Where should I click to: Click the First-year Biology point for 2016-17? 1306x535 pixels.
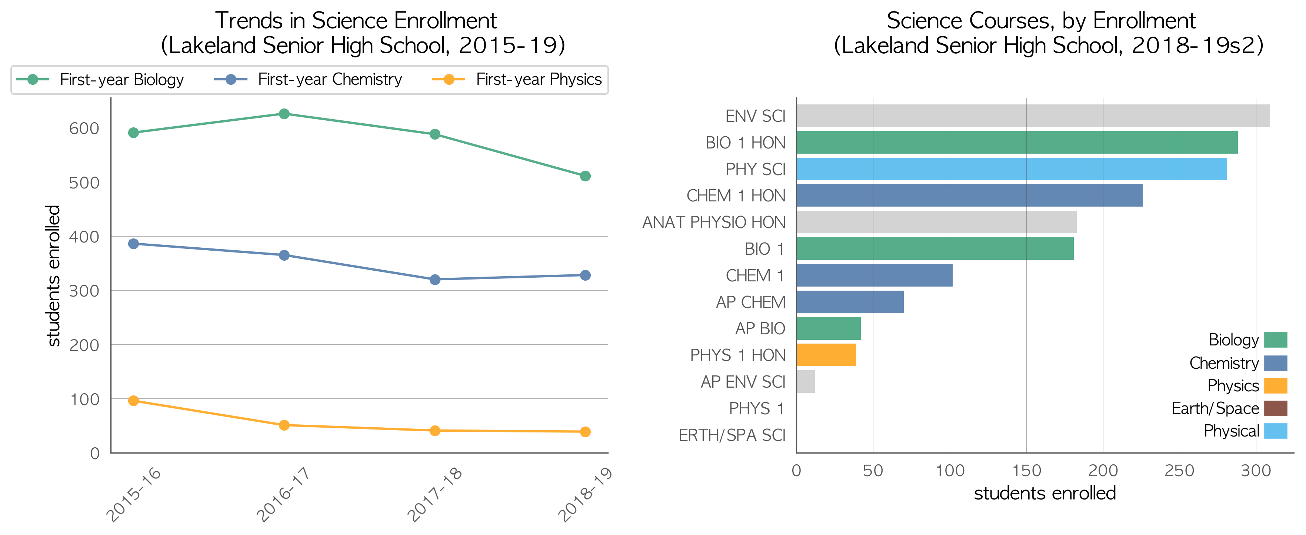tap(284, 114)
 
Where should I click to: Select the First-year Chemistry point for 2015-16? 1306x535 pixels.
tap(133, 244)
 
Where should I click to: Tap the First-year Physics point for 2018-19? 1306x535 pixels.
tap(585, 432)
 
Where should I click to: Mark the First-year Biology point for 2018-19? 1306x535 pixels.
tap(585, 176)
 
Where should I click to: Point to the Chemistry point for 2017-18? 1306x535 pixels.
tap(435, 280)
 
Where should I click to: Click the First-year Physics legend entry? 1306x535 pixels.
tap(517, 80)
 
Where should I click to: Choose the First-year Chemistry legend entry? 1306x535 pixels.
tap(308, 80)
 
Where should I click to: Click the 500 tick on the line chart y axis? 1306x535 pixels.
tap(84, 183)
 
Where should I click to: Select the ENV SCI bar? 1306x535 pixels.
tap(1033, 116)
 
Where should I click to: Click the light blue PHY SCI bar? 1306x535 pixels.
tap(1012, 169)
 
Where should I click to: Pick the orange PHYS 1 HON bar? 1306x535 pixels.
tap(826, 355)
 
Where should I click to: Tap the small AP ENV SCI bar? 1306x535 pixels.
tap(806, 381)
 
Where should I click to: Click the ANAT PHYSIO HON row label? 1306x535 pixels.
tap(714, 222)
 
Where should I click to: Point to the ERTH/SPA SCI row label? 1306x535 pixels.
tap(732, 435)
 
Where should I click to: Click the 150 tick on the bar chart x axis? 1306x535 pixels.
tap(1026, 471)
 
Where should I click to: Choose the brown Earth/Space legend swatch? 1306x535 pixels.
tap(1276, 408)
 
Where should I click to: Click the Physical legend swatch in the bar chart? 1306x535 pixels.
tap(1276, 431)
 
